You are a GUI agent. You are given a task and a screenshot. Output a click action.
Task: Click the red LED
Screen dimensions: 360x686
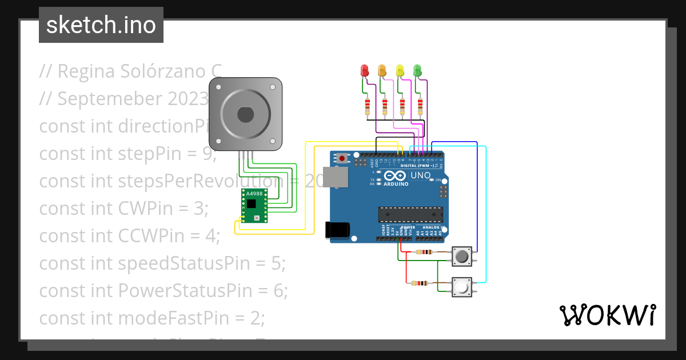(364, 70)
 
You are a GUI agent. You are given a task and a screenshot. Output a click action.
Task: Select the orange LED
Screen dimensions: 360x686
(382, 70)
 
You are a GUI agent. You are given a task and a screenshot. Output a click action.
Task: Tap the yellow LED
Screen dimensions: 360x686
(400, 70)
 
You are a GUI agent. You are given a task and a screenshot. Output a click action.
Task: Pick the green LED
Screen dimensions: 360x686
(417, 70)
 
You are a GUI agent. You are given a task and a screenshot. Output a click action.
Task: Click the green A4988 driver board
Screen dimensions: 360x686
(254, 205)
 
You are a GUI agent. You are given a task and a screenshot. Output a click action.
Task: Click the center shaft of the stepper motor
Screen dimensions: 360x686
(246, 114)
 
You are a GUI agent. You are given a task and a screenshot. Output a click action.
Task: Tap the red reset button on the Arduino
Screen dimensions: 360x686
(342, 158)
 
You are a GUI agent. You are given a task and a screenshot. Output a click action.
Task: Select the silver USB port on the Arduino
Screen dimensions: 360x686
(335, 177)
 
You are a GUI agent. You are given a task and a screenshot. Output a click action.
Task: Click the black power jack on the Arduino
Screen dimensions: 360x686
(337, 229)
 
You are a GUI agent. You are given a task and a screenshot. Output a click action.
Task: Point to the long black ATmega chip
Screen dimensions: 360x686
(410, 214)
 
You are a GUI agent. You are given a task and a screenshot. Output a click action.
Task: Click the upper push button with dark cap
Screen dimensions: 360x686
(462, 257)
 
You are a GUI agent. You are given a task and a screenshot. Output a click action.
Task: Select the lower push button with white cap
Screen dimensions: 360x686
(462, 286)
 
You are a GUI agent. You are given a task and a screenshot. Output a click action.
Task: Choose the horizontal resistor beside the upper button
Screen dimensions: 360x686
(424, 252)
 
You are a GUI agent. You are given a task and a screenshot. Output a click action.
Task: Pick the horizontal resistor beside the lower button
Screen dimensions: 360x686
(421, 283)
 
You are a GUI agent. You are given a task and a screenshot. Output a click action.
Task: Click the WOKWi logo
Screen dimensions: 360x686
(607, 315)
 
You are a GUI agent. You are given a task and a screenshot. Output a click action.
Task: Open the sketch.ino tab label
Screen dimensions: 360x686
(101, 25)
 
